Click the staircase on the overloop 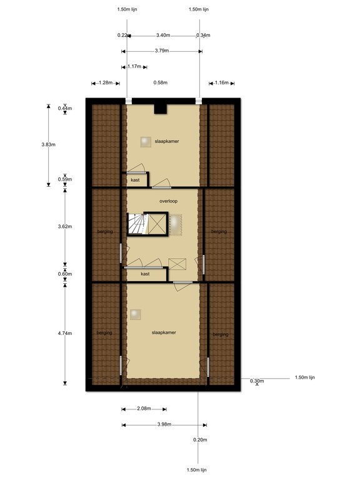tap(137, 224)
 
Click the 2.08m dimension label tap(144, 409)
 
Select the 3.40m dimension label tap(162, 35)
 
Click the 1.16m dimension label tap(221, 82)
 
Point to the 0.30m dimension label tap(256, 381)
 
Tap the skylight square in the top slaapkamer tap(146, 142)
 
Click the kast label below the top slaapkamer tap(135, 180)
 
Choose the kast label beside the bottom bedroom tap(145, 274)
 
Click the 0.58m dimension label tap(161, 82)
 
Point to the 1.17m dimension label tap(134, 66)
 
